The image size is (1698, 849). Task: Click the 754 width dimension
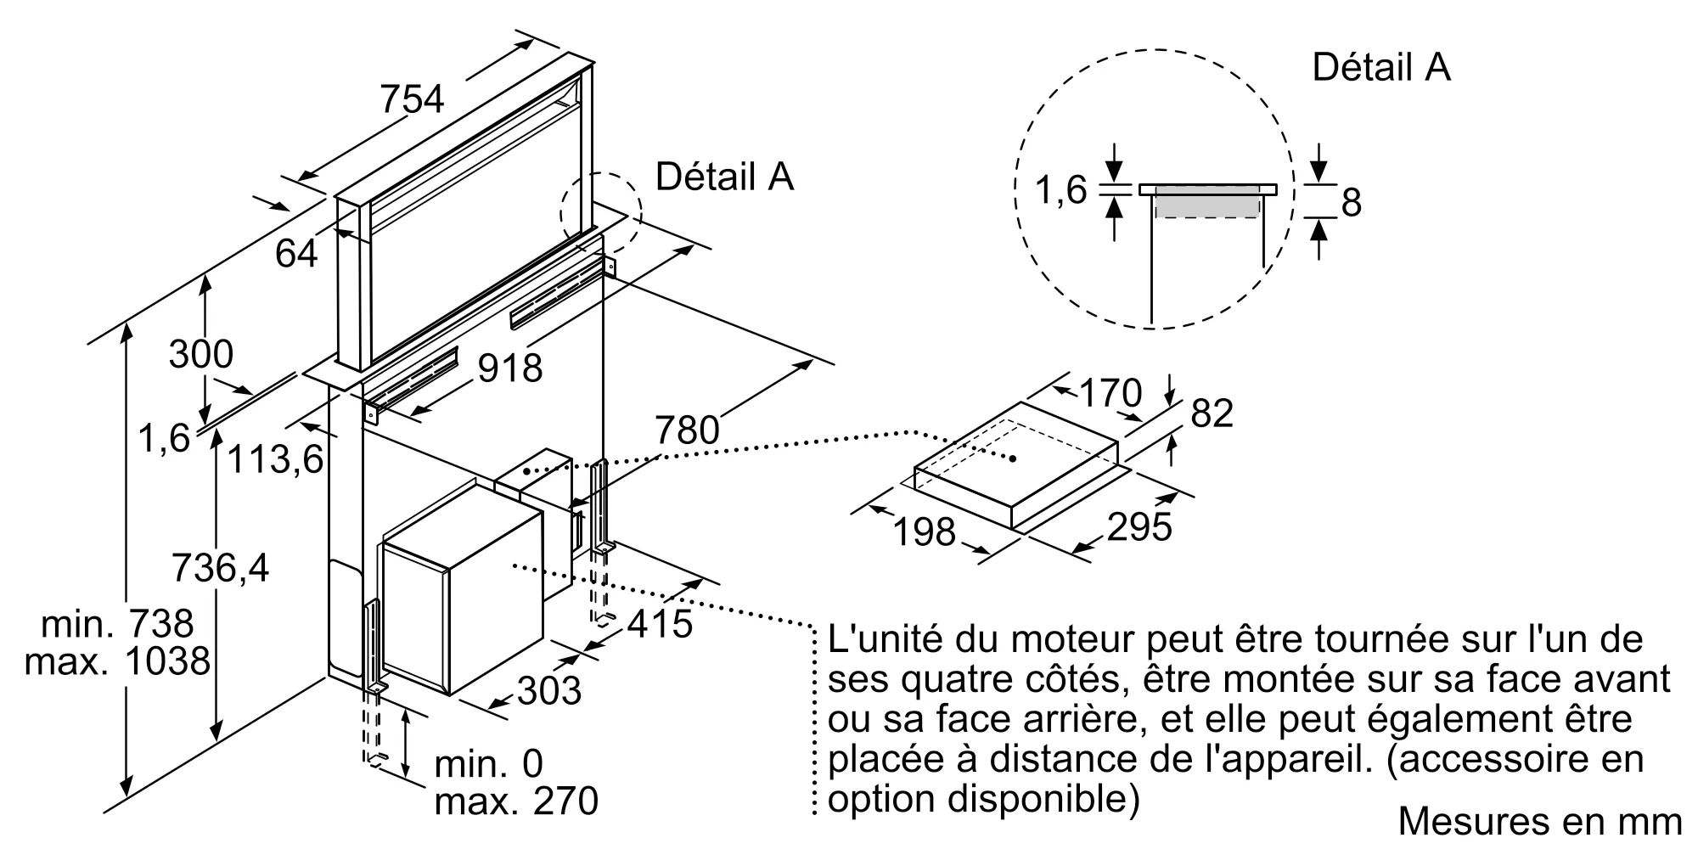point(412,99)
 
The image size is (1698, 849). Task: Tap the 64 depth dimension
point(296,253)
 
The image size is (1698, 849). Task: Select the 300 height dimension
point(200,354)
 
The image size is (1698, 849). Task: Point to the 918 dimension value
point(509,368)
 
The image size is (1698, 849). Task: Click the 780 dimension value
point(687,430)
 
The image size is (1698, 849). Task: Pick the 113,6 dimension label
point(276,459)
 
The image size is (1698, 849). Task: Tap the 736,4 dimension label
point(220,567)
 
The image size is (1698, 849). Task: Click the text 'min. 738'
point(118,624)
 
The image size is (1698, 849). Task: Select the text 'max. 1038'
point(117,661)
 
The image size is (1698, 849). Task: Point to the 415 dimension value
point(661,624)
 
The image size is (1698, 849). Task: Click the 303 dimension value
point(548,691)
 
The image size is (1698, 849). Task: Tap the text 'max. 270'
point(516,801)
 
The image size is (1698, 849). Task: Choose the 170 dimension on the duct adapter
point(1110,393)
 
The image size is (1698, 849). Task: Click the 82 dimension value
point(1212,413)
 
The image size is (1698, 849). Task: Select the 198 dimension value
point(925,532)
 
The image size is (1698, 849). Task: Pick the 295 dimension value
point(1139,527)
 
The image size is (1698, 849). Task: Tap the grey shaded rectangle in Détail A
point(1206,203)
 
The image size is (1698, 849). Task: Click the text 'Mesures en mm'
point(1539,821)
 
